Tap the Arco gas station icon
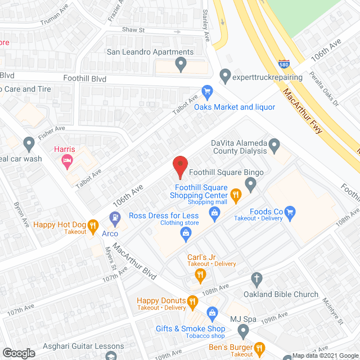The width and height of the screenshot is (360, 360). pyautogui.click(x=114, y=216)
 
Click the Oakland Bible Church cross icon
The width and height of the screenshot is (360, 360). pyautogui.click(x=256, y=278)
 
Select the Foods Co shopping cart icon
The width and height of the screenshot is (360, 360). pyautogui.click(x=290, y=211)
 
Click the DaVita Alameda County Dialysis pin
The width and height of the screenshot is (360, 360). pyautogui.click(x=274, y=146)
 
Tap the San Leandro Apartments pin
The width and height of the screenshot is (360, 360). pyautogui.click(x=181, y=65)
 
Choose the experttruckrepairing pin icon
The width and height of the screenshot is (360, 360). pyautogui.click(x=225, y=74)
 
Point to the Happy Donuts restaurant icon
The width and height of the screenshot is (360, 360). pyautogui.click(x=193, y=301)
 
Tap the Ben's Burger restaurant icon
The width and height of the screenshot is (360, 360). pyautogui.click(x=259, y=348)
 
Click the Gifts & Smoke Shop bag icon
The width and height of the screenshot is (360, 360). pyautogui.click(x=213, y=312)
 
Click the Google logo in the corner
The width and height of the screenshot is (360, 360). pyautogui.click(x=19, y=353)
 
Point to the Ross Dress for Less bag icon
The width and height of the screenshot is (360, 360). pyautogui.click(x=185, y=233)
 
